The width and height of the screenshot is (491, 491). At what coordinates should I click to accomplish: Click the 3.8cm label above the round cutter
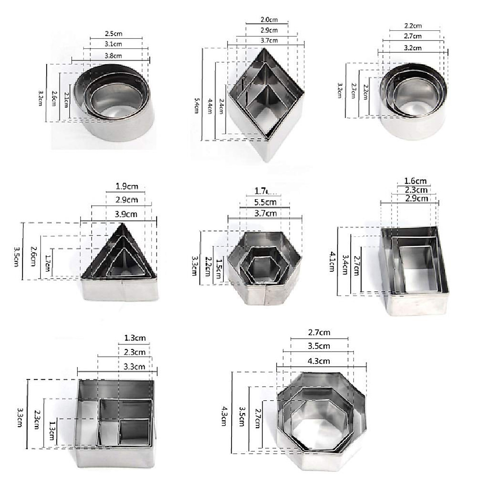[113, 55]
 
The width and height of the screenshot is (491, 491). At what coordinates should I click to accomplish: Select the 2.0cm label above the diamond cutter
[268, 19]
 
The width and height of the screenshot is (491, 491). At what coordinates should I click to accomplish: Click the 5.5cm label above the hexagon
[265, 202]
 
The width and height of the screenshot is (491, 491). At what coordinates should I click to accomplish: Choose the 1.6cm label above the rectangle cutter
[415, 181]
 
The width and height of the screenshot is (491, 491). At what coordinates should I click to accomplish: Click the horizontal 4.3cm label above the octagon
[319, 361]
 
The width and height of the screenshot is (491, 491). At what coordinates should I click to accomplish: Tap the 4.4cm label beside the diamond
[210, 106]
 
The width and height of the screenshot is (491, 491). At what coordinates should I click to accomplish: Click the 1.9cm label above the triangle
[128, 187]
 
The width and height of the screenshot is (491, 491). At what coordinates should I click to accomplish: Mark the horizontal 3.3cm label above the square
[134, 367]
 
